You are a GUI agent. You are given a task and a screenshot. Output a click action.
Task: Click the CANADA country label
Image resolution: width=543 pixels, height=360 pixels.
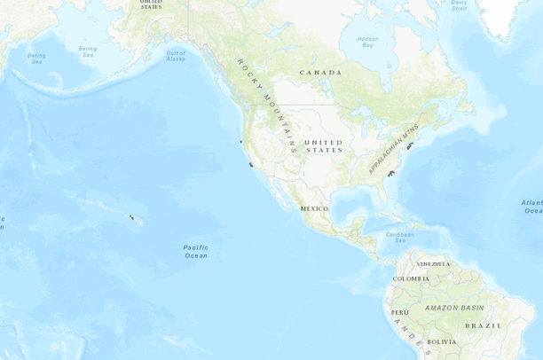click(320, 72)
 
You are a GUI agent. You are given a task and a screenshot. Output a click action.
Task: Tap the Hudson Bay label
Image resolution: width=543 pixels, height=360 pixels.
click(367, 42)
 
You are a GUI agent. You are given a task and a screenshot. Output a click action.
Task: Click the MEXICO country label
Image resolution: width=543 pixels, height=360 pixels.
click(314, 208)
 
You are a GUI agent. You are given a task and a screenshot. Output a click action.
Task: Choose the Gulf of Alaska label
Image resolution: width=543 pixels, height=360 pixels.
click(176, 56)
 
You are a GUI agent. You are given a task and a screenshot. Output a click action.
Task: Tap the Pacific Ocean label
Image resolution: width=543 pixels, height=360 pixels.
click(196, 251)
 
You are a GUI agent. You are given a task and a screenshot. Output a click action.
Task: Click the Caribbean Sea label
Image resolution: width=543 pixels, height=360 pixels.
click(401, 238)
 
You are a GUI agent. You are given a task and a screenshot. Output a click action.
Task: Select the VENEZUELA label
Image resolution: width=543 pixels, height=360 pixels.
click(434, 263)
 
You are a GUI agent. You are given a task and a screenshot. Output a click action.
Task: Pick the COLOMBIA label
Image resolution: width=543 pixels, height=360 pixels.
click(411, 278)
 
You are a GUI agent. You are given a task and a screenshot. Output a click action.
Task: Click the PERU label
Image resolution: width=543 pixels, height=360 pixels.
click(399, 312)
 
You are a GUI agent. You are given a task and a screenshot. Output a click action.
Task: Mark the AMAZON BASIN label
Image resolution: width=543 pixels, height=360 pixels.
click(454, 307)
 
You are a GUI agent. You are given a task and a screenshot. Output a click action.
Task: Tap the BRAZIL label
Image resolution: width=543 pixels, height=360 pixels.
click(484, 325)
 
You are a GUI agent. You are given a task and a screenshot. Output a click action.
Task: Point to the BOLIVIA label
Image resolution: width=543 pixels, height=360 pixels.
click(441, 341)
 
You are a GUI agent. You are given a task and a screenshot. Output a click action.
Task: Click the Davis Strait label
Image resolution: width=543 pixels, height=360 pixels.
click(459, 5)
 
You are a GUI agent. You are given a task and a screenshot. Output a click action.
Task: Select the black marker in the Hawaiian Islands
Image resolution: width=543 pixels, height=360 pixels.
click(132, 216)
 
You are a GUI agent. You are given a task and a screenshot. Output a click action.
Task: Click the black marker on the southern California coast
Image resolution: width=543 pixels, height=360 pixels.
click(252, 165)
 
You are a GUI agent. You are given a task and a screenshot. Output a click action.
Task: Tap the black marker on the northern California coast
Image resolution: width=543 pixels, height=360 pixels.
click(240, 141)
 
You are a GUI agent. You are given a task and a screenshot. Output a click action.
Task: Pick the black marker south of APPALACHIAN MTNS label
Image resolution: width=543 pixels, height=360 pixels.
click(390, 175)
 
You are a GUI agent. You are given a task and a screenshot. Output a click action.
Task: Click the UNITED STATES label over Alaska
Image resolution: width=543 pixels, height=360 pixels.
click(151, 4)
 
